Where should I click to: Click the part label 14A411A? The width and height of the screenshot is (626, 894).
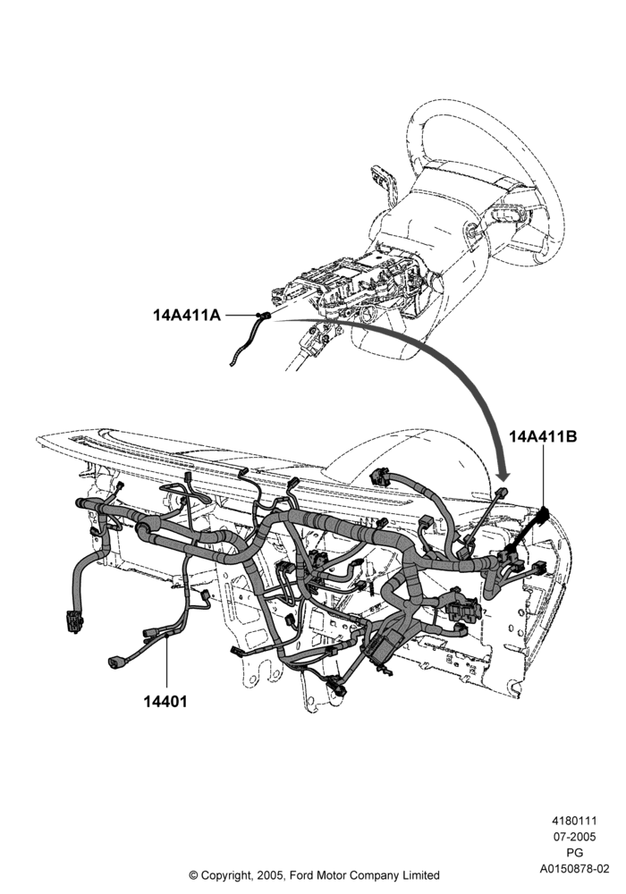186,315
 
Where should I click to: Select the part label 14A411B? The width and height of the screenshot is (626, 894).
543,437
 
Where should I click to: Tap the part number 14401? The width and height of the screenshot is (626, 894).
165,701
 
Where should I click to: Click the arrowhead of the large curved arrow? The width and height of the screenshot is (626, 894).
503,471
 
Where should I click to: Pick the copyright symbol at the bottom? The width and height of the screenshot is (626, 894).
193,875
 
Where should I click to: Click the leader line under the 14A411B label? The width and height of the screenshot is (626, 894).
543,476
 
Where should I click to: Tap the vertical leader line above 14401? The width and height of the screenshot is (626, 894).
166,663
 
